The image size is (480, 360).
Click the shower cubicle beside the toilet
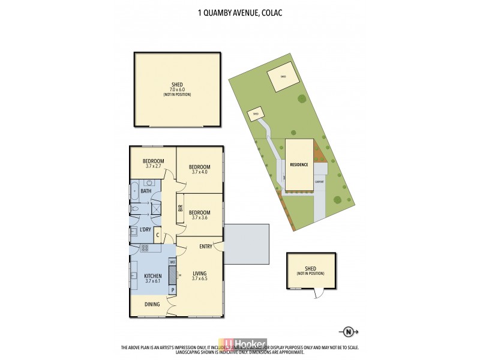[x=155, y=209]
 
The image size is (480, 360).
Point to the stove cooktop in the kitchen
[x=145, y=248]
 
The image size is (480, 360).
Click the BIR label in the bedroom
[x=180, y=209]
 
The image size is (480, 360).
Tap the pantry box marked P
[x=173, y=290]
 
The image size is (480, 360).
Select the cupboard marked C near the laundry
[x=158, y=235]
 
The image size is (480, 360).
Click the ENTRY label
[x=205, y=246]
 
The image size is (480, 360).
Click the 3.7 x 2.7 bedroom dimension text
[x=154, y=166]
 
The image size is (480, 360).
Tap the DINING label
[x=152, y=305]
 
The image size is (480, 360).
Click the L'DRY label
[x=145, y=230]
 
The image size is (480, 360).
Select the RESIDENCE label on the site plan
[x=299, y=164]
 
